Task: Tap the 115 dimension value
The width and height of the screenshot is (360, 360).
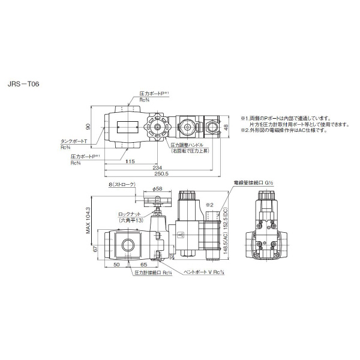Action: click(x=130, y=161)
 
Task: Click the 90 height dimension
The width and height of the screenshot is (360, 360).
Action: click(x=87, y=127)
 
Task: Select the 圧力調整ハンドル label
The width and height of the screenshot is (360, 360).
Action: click(x=189, y=145)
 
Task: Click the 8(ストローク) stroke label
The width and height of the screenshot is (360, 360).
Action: click(x=122, y=185)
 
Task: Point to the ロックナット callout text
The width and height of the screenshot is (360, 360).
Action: click(x=130, y=214)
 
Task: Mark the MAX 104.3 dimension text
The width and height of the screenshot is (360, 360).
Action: click(x=88, y=220)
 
